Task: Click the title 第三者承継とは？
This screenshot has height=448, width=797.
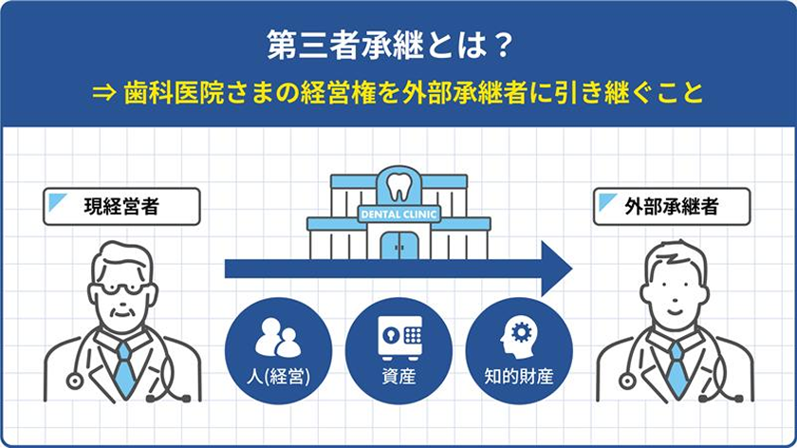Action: click(390, 45)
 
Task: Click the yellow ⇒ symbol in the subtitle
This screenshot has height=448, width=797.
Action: click(104, 94)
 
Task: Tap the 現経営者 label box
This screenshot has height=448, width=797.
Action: click(121, 207)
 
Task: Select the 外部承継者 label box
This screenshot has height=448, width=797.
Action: click(672, 207)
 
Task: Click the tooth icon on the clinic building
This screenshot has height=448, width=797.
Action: click(399, 187)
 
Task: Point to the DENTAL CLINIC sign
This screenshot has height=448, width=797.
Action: click(398, 215)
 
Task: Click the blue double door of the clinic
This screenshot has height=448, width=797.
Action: click(399, 246)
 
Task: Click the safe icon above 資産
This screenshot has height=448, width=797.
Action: click(399, 338)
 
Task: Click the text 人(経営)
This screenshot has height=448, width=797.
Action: click(278, 377)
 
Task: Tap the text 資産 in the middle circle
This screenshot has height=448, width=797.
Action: click(399, 377)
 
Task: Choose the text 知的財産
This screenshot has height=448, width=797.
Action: click(519, 377)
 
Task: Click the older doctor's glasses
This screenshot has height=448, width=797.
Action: click(122, 289)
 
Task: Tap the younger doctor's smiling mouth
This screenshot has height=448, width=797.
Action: click(674, 310)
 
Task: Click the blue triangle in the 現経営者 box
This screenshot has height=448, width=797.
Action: click(57, 202)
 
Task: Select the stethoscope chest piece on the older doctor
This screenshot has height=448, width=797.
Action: click(75, 381)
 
